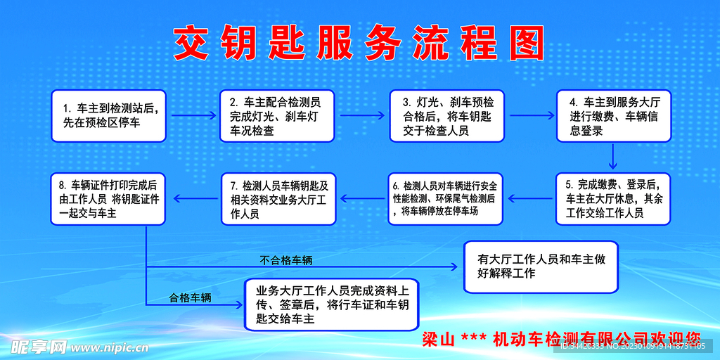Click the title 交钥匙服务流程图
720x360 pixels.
(359, 44)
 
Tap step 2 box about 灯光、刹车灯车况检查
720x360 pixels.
(278, 116)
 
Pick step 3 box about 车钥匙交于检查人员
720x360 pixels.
(448, 116)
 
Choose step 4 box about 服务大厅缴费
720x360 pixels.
(614, 116)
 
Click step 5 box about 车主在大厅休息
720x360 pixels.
(614, 198)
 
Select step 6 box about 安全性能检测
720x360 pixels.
(445, 198)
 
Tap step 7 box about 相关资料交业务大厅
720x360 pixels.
(278, 198)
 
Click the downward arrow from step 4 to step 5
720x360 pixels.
(613, 156)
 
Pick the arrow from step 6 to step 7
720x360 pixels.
(362, 198)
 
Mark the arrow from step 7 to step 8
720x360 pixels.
(193, 198)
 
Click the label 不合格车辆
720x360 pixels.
(286, 260)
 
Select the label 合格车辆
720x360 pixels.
(190, 297)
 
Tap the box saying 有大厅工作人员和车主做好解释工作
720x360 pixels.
(541, 266)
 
